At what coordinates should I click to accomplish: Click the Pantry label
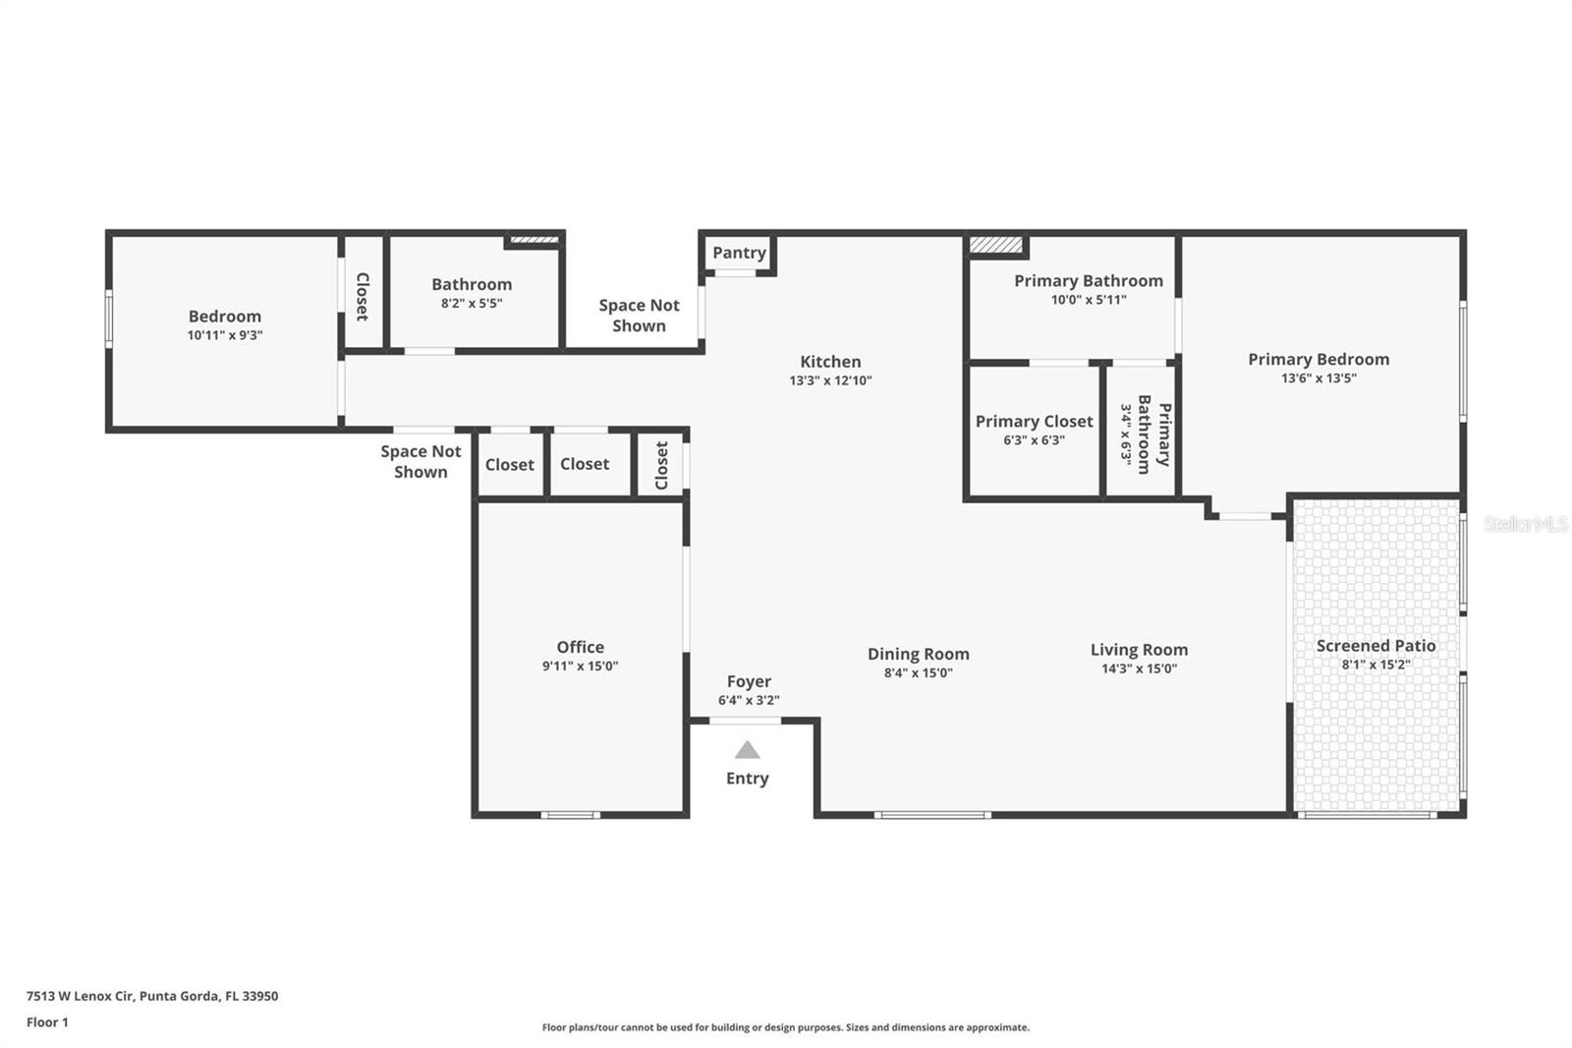[x=739, y=253]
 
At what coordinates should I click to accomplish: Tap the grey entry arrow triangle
[x=748, y=750]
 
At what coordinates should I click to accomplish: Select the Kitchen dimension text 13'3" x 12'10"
[x=830, y=380]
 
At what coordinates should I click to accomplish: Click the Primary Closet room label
[x=1034, y=421]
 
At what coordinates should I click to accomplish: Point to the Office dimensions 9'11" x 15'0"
[x=580, y=666]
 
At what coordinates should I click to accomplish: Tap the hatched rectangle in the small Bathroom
[x=533, y=239]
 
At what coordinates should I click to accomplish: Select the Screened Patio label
[x=1375, y=646]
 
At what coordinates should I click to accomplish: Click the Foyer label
[x=749, y=681]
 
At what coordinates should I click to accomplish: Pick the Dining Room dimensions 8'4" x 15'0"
[x=918, y=672]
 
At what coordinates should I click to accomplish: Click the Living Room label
[x=1139, y=650]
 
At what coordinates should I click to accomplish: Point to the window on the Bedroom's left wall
[x=109, y=318]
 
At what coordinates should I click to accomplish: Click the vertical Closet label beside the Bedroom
[x=362, y=296]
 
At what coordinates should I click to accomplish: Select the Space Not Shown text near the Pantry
[x=639, y=316]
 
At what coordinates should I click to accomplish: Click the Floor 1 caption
[x=47, y=1022]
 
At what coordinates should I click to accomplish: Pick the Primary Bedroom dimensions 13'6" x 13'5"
[x=1319, y=378]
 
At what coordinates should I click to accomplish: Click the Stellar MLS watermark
[x=1525, y=524]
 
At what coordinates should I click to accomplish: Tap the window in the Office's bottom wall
[x=571, y=814]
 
